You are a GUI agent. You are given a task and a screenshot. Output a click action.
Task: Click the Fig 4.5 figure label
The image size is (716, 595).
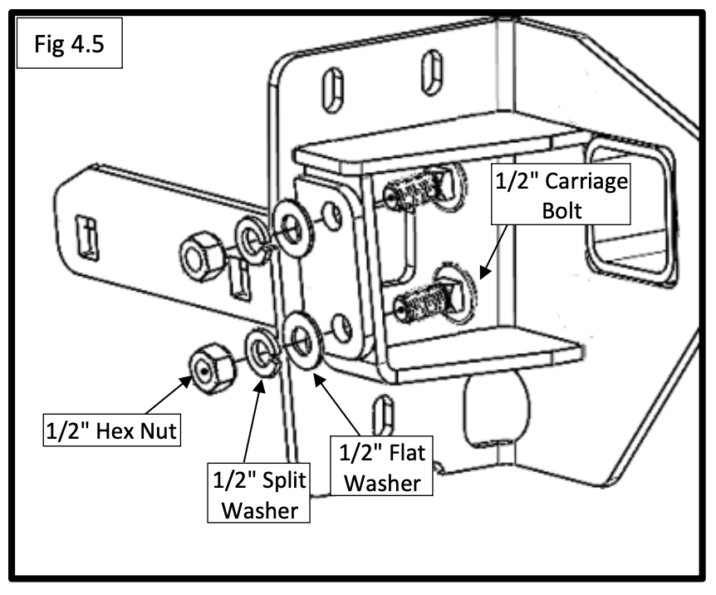70,43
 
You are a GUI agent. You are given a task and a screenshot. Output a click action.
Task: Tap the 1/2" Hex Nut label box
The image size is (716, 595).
112,430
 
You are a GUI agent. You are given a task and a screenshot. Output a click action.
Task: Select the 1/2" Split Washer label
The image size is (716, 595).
259,493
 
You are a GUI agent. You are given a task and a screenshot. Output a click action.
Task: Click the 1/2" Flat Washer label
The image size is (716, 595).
381,466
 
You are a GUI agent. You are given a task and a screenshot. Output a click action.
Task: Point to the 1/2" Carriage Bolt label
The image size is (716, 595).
561,194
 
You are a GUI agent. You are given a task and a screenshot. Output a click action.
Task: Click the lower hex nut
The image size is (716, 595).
213,368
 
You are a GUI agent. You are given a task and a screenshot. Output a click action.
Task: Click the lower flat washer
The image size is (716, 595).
302,341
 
